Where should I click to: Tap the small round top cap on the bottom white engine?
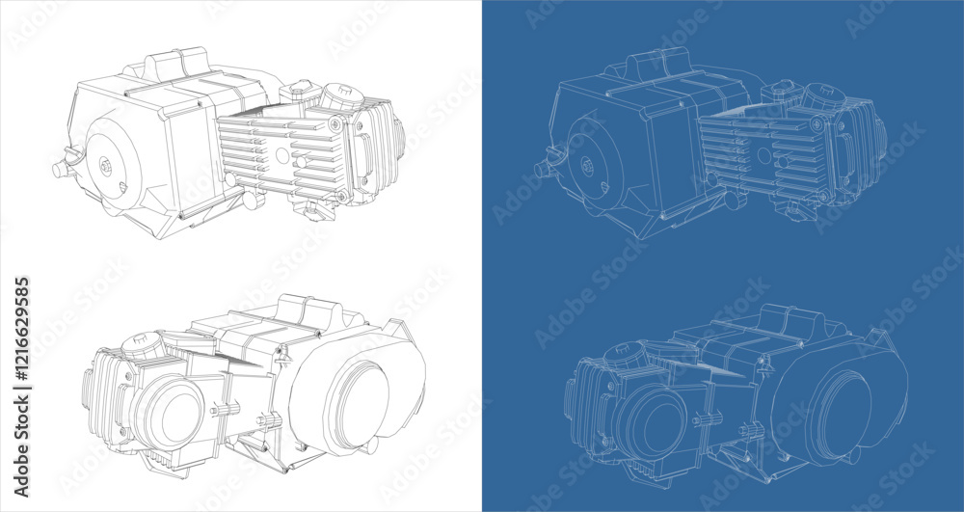coord(138,344)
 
